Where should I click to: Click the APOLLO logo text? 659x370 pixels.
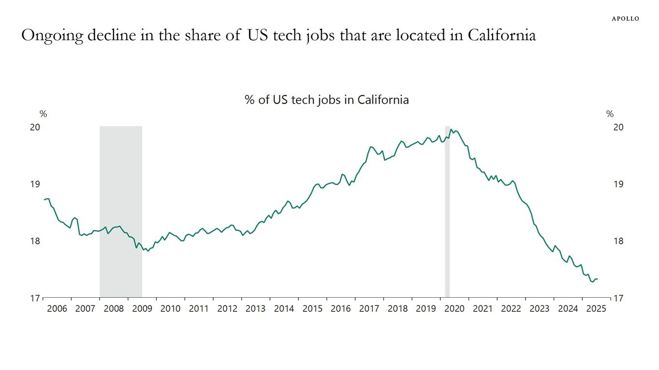(x=625, y=19)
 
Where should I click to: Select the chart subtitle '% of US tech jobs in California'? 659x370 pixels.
(x=327, y=100)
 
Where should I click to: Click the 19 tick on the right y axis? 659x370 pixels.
(x=618, y=184)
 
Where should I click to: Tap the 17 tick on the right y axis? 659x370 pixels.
(x=618, y=298)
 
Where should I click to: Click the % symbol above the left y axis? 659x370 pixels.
(x=43, y=114)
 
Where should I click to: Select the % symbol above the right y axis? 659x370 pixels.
(x=610, y=114)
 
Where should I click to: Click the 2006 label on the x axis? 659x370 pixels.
(x=57, y=309)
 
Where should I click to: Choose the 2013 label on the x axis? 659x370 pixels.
(x=256, y=309)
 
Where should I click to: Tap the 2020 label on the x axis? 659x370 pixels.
(x=454, y=309)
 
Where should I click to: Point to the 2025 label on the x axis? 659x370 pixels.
(x=596, y=309)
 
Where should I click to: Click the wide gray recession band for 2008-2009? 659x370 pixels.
(x=121, y=212)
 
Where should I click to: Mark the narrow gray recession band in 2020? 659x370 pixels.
(x=447, y=212)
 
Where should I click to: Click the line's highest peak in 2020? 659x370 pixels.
(x=451, y=129)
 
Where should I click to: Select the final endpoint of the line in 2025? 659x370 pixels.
(x=598, y=279)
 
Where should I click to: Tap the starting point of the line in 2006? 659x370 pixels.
(x=44, y=199)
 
